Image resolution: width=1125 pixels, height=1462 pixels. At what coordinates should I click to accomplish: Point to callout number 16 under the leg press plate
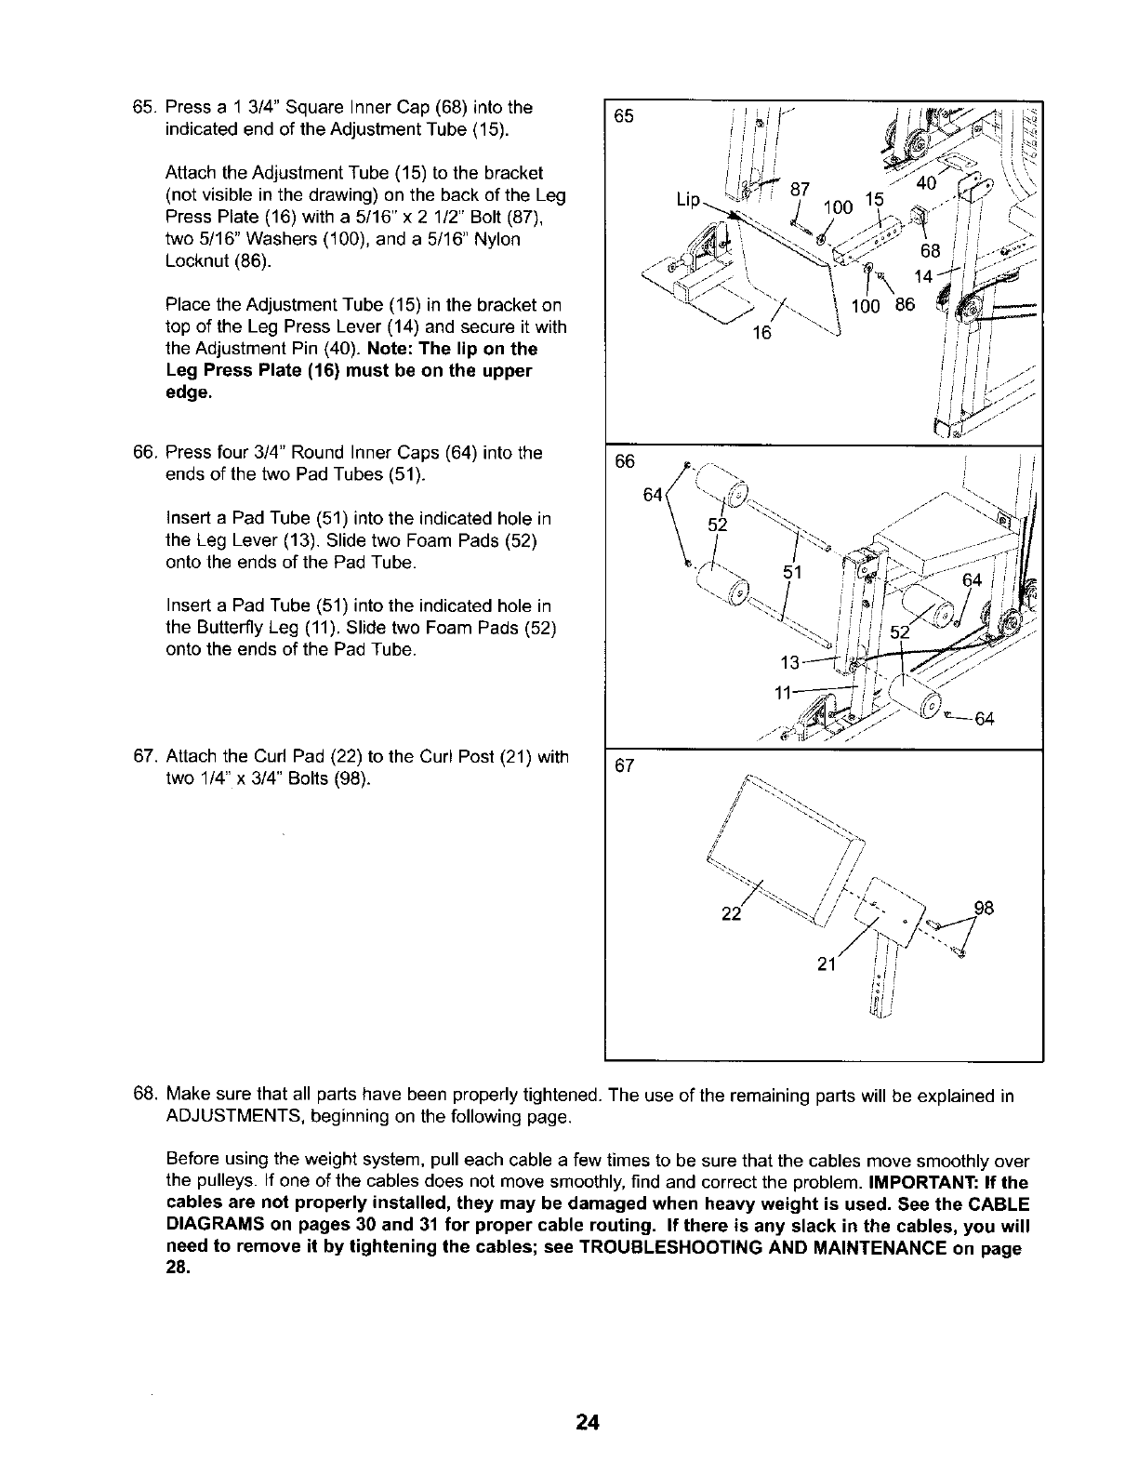(x=761, y=332)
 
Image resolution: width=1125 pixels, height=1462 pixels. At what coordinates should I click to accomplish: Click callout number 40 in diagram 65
(x=926, y=184)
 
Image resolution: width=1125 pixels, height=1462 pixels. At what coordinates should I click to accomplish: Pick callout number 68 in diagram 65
(x=931, y=252)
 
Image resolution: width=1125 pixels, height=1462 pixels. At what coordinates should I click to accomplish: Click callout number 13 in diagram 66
(x=790, y=662)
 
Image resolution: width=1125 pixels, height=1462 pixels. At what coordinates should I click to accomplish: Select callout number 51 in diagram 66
(x=792, y=572)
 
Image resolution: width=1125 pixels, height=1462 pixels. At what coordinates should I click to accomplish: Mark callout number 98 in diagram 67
(x=984, y=908)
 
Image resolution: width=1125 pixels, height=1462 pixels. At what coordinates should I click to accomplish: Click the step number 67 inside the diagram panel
(x=625, y=765)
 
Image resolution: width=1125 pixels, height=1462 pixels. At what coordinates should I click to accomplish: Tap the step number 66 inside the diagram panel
(x=625, y=461)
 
